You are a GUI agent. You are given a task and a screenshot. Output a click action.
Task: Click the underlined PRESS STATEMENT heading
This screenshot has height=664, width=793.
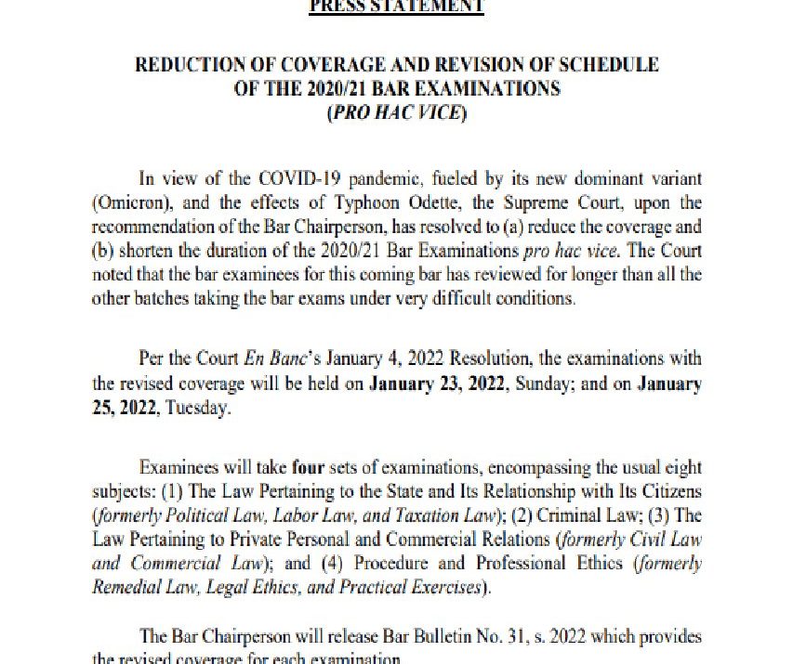pos(396,6)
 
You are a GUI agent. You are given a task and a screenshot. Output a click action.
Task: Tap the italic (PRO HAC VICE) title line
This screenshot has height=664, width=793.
pos(396,114)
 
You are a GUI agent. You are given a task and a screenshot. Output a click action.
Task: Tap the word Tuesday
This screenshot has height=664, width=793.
pos(195,408)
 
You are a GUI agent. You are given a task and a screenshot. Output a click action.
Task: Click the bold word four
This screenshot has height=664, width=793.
pos(308,467)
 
